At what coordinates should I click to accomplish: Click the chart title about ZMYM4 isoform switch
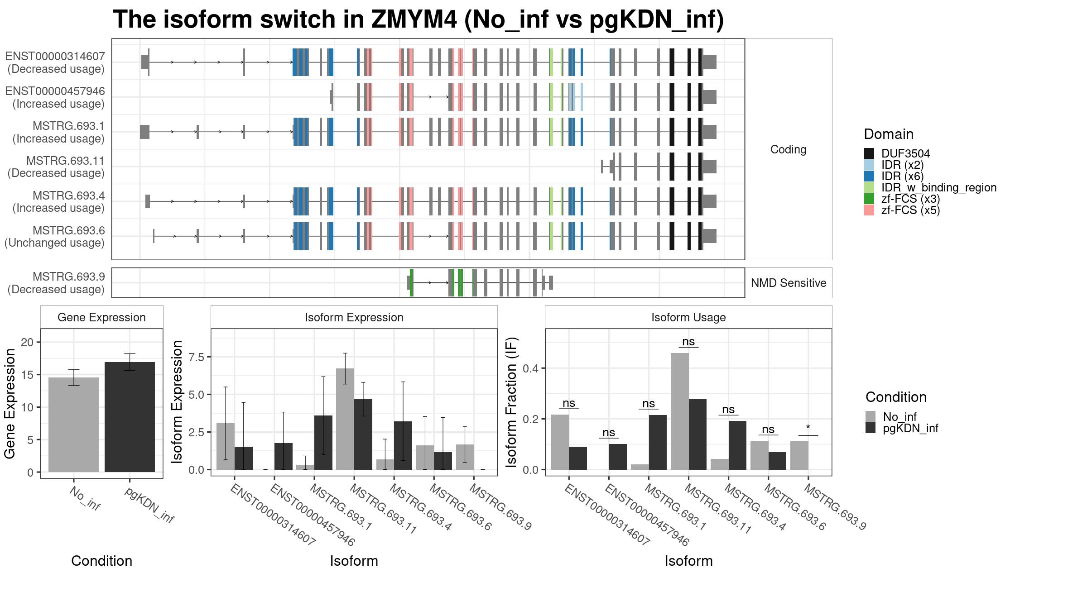pyautogui.click(x=418, y=19)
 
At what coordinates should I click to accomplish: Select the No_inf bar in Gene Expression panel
pyautogui.click(x=74, y=425)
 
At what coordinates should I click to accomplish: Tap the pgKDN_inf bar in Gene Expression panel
pyautogui.click(x=130, y=417)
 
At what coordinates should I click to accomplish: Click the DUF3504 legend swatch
pyautogui.click(x=869, y=153)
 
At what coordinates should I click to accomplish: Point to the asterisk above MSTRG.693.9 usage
pyautogui.click(x=808, y=428)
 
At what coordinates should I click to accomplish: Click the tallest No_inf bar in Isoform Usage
pyautogui.click(x=680, y=411)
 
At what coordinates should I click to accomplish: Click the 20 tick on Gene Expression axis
pyautogui.click(x=27, y=342)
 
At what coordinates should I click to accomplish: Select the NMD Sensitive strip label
pyautogui.click(x=789, y=283)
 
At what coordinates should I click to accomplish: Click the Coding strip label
pyautogui.click(x=789, y=149)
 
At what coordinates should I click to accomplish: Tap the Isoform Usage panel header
pyautogui.click(x=688, y=317)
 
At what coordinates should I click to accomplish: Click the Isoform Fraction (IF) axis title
pyautogui.click(x=511, y=402)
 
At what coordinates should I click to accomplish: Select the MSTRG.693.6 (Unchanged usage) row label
pyautogui.click(x=54, y=237)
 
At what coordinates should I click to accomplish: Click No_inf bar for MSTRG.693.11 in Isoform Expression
pyautogui.click(x=345, y=419)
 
